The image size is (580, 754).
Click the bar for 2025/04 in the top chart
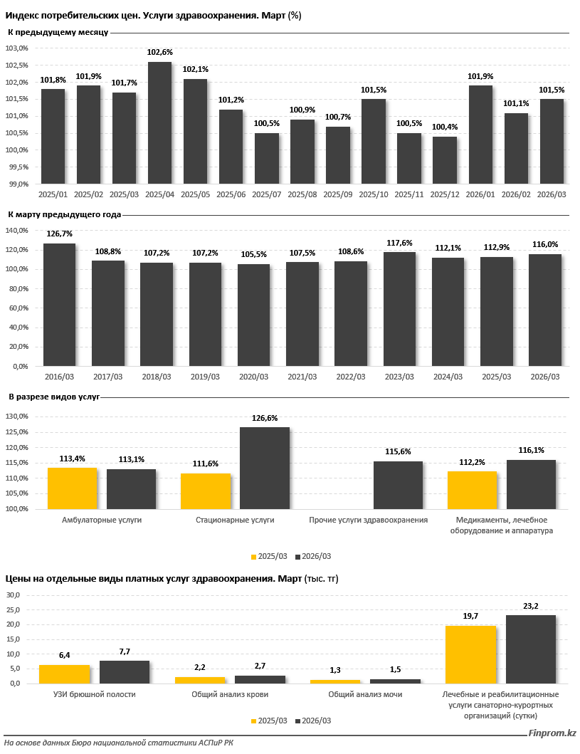pyautogui.click(x=159, y=122)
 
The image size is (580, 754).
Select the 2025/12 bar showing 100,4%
pyautogui.click(x=445, y=160)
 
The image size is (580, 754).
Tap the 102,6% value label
pyautogui.click(x=159, y=53)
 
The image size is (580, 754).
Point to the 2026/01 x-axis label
pyautogui.click(x=480, y=194)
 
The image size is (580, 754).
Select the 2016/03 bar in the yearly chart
pyautogui.click(x=59, y=305)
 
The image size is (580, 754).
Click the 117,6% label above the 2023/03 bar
pyautogui.click(x=399, y=243)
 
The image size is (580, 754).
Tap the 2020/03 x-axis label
pyautogui.click(x=253, y=377)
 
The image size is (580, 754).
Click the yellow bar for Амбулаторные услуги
pyautogui.click(x=73, y=488)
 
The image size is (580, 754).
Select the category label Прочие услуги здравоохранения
pyautogui.click(x=369, y=520)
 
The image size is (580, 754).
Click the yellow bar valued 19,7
pyautogui.click(x=470, y=654)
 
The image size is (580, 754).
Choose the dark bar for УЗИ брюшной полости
pyautogui.click(x=125, y=672)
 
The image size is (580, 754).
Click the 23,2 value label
pyautogui.click(x=531, y=606)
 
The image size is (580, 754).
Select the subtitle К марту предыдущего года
pyautogui.click(x=65, y=214)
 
